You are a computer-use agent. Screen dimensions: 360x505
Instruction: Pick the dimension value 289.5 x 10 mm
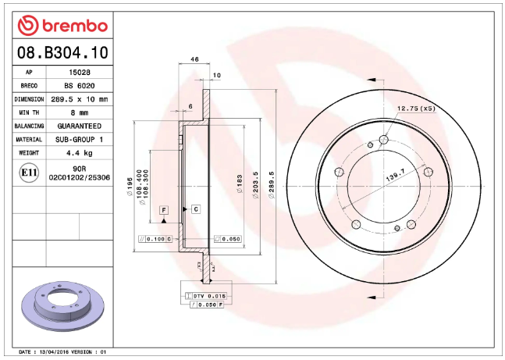coord(78,99)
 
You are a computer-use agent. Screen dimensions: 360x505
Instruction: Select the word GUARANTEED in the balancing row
coord(78,126)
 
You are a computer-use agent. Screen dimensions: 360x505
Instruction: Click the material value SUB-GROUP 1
coord(78,139)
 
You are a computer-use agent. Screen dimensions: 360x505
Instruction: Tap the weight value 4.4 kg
coord(78,152)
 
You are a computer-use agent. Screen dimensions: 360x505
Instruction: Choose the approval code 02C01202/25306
coord(78,177)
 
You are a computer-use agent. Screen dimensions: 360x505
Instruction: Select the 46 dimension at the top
coord(195,60)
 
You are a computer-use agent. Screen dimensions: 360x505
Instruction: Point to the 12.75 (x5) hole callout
coord(416,109)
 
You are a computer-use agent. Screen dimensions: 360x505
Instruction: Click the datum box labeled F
coord(164,210)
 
